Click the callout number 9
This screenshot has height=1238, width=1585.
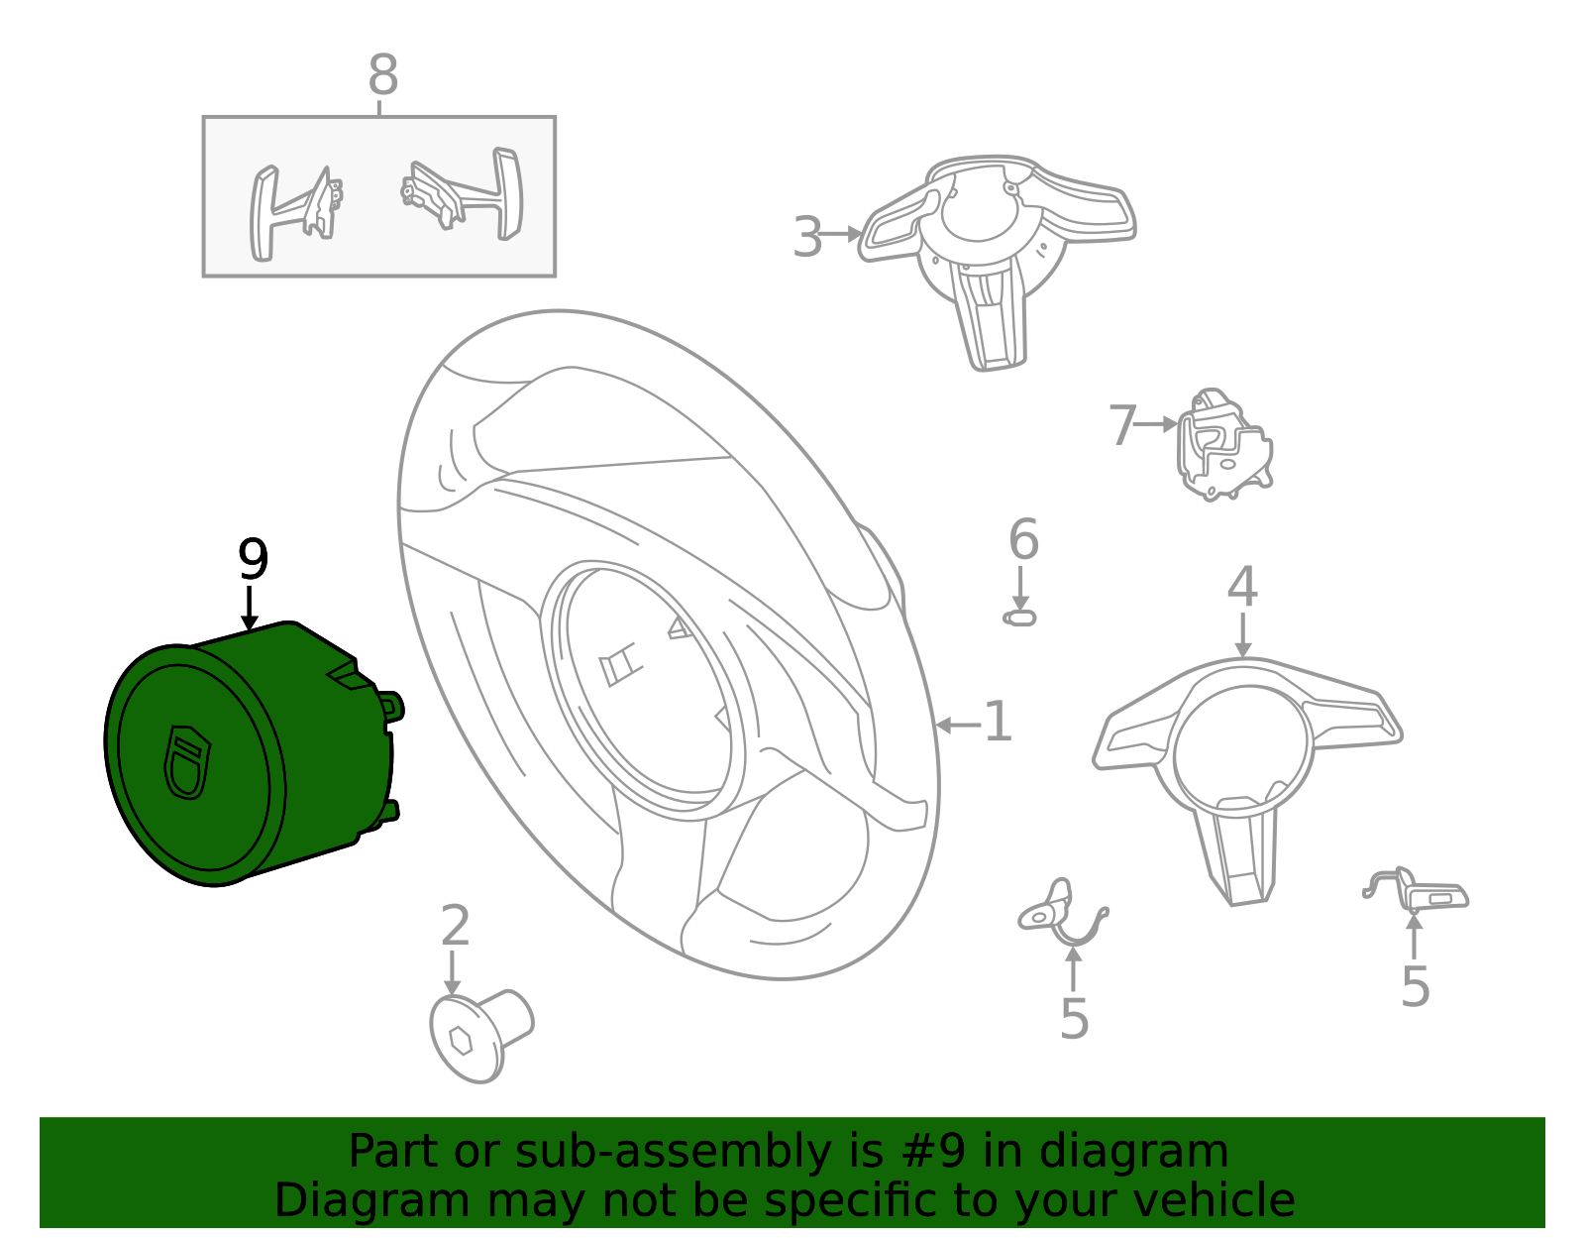(253, 561)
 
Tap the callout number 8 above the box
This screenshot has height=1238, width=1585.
(382, 75)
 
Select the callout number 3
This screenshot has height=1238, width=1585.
(807, 238)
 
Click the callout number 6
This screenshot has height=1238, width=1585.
(1023, 540)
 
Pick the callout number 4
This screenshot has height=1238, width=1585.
(1242, 587)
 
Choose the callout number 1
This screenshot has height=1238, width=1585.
(998, 722)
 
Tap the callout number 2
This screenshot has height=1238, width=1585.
(455, 927)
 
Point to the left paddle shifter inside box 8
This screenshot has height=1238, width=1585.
(293, 211)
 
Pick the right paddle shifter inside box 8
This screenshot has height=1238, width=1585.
(466, 193)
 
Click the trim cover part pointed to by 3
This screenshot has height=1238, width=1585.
(996, 248)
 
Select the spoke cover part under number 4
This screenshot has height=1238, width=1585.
(1246, 763)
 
